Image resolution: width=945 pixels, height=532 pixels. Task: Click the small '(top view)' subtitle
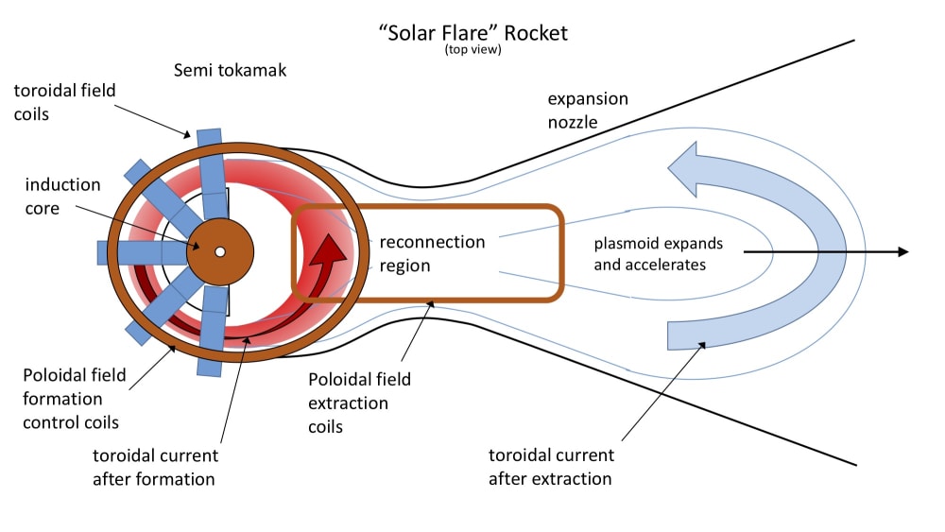[x=472, y=49]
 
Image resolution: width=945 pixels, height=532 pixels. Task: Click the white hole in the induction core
[x=219, y=251]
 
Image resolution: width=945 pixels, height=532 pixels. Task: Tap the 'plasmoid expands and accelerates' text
[x=650, y=253]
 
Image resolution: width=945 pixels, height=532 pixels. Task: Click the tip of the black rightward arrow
[x=905, y=251]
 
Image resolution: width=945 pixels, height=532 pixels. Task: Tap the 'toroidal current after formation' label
[x=155, y=467]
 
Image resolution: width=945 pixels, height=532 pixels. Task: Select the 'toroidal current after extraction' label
[x=551, y=467]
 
